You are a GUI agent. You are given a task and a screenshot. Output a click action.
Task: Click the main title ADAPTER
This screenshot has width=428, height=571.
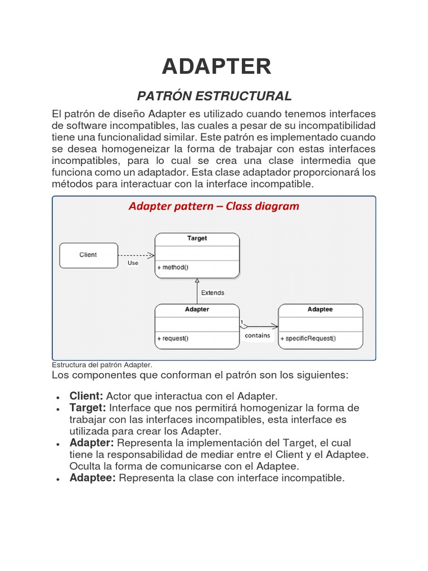216,66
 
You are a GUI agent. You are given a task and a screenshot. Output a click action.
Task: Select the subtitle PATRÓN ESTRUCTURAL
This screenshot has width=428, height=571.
215,95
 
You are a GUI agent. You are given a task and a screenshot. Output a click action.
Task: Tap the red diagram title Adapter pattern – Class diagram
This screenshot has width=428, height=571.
214,206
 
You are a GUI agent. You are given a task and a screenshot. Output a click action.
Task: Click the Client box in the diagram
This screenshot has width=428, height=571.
88,255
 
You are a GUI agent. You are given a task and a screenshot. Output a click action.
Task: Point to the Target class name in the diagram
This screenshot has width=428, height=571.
197,238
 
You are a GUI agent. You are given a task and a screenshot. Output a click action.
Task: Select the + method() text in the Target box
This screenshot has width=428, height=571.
173,268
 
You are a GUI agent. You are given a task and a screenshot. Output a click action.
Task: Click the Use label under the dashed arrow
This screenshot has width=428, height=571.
133,263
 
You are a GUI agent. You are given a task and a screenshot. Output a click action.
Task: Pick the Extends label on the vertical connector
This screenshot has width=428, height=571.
212,292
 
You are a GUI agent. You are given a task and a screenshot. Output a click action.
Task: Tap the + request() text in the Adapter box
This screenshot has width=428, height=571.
173,338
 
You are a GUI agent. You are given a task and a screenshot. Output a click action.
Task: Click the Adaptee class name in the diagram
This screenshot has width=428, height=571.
320,309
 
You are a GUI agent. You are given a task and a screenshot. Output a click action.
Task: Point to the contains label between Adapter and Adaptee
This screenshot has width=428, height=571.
257,336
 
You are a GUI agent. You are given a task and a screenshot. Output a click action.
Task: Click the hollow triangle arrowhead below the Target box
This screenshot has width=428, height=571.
197,281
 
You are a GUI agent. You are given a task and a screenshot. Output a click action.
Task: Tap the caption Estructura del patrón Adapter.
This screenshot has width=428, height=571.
102,365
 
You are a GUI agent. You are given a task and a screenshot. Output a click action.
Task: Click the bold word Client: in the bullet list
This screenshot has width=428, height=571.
86,396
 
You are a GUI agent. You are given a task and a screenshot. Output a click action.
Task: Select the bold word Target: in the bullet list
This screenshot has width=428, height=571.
87,408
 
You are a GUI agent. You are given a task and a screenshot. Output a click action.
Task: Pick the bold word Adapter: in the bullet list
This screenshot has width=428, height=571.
91,443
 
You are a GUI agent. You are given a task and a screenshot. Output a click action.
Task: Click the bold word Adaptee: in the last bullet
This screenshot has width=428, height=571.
93,478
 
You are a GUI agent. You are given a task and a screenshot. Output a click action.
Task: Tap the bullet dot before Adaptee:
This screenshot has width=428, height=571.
58,479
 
